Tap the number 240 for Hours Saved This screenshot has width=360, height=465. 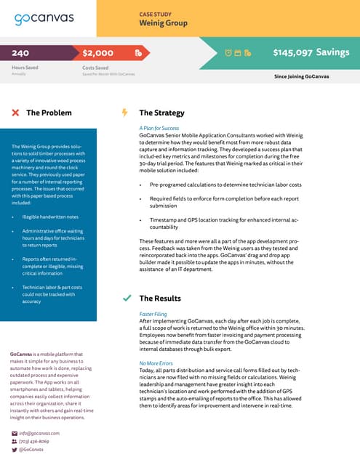(20, 53)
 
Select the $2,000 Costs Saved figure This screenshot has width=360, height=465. (98, 53)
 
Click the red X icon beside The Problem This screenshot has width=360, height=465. (15, 113)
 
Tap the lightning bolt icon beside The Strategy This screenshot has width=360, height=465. (124, 113)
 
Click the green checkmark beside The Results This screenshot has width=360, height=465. (127, 298)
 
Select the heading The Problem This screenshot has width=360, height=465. (49, 113)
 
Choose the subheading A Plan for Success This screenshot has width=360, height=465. (159, 128)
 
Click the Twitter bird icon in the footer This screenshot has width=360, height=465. (15, 450)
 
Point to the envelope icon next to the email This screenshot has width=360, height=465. (15, 433)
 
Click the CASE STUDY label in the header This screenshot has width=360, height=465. (156, 14)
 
